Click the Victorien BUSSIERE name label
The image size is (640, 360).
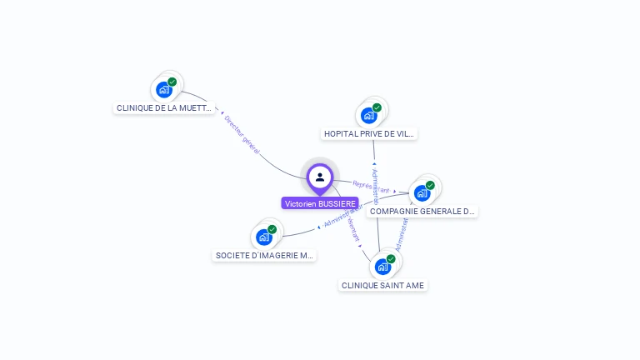[x=320, y=203]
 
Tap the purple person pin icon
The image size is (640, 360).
[x=320, y=177]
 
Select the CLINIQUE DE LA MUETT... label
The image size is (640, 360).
[x=164, y=107]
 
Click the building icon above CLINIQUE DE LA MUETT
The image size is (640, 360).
[x=164, y=89]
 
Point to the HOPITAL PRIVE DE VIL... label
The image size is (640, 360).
[x=369, y=133]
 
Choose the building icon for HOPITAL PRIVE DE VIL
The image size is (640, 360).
[x=369, y=115]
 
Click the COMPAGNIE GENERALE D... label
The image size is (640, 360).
[x=422, y=212]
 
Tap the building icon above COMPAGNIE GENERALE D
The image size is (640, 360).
[x=422, y=192]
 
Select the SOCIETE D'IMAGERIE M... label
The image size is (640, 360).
[x=264, y=256]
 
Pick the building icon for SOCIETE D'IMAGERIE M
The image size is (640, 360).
[x=264, y=237]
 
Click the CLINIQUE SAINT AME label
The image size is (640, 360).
[x=382, y=285]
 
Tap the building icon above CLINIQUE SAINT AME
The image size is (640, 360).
[x=382, y=267]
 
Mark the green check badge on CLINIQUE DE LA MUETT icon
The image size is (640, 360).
[x=172, y=82]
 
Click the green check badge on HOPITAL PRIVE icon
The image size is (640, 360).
[x=377, y=107]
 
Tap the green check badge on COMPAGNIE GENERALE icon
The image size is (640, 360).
[x=430, y=185]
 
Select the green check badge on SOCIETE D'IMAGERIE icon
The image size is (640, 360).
[x=272, y=229]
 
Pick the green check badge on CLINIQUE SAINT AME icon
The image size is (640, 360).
[x=390, y=259]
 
